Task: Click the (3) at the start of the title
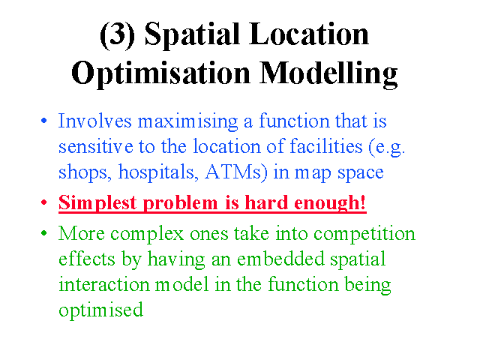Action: [117, 35]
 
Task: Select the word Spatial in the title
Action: [192, 35]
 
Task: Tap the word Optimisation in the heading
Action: [161, 73]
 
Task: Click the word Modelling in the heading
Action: [328, 73]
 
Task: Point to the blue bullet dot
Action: [44, 120]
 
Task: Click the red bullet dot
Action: [44, 202]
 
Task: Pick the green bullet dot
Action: [44, 233]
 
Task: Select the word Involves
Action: [95, 121]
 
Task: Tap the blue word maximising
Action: [188, 121]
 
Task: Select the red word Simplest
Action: [97, 203]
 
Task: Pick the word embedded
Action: [280, 259]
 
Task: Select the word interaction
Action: [103, 284]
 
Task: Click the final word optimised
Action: [100, 310]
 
